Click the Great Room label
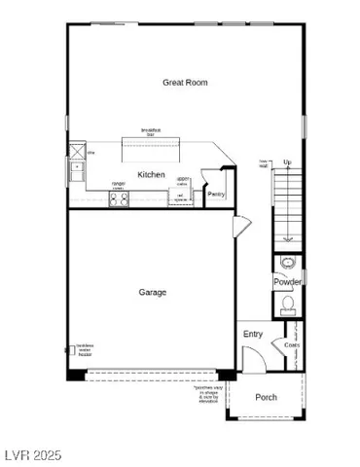point(185,84)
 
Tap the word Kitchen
point(151,175)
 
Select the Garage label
point(151,292)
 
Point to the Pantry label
point(217,195)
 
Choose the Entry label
point(253,334)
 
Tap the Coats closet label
point(292,345)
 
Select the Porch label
point(266,398)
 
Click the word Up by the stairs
point(287,162)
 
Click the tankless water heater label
point(78,352)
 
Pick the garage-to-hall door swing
point(239,228)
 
